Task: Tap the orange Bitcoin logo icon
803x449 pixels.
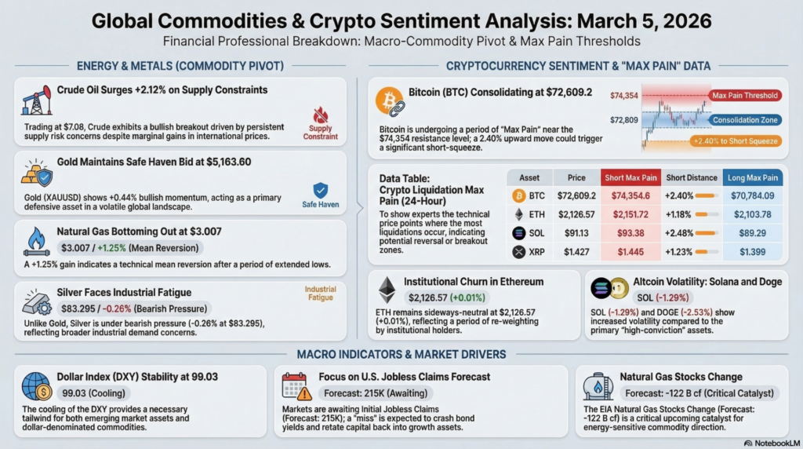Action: coord(390,101)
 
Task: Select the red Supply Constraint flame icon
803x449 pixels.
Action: coord(320,115)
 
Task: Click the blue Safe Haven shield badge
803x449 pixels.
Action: coord(320,190)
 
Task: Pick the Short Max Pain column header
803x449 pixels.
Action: coord(630,177)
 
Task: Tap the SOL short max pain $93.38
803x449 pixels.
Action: coord(630,234)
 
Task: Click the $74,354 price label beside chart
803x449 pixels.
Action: coord(624,95)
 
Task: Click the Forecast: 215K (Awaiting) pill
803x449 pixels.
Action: coord(372,393)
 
